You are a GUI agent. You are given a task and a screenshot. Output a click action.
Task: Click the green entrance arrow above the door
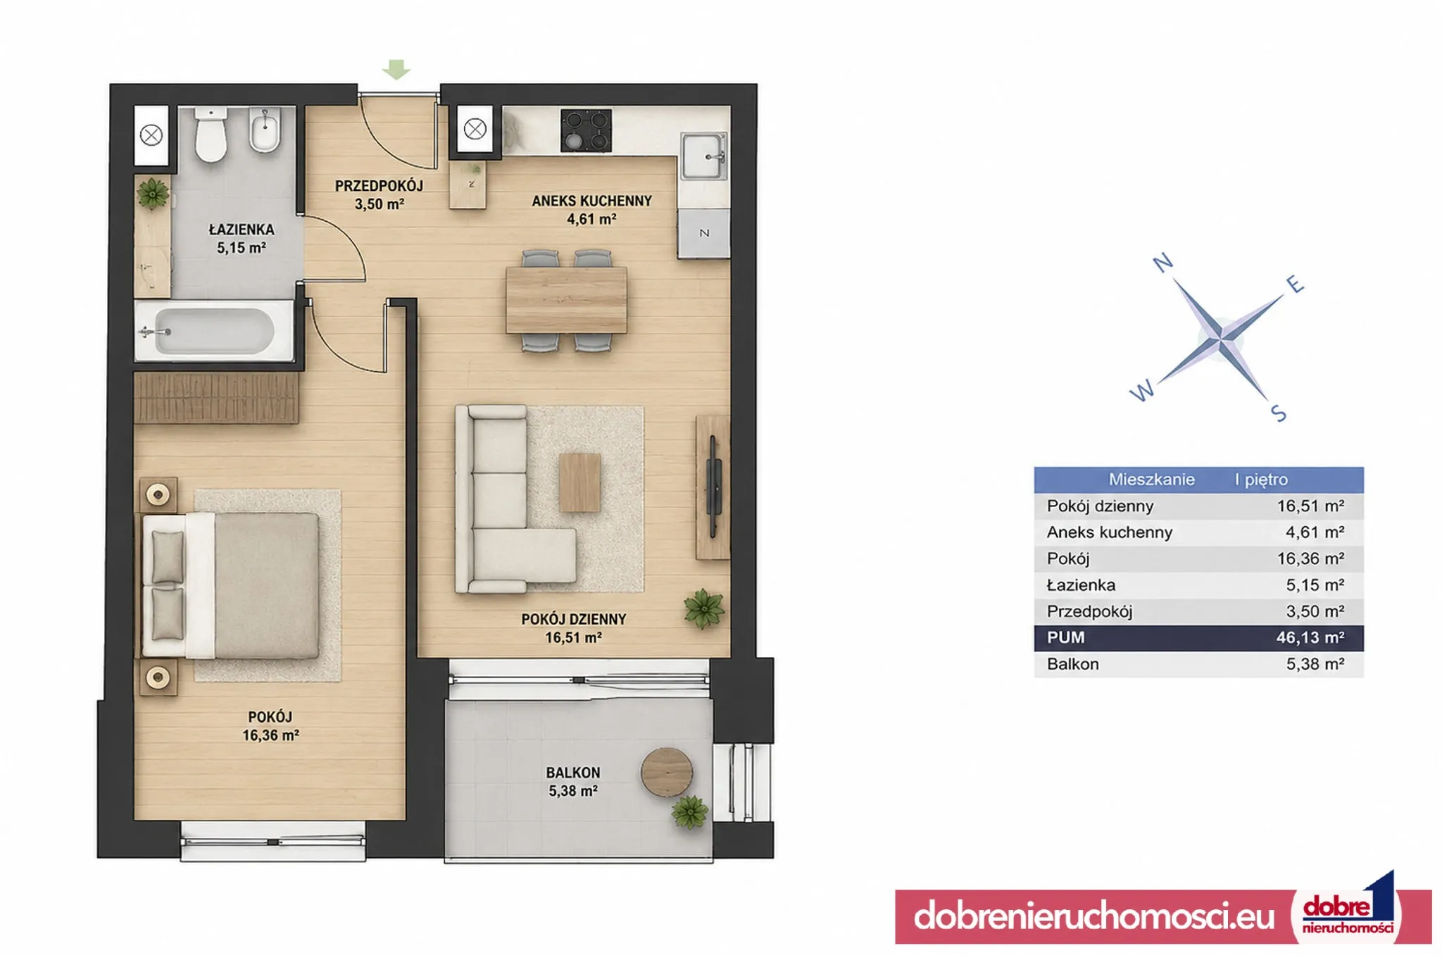(396, 69)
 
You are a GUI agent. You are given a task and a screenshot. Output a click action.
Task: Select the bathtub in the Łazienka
(213, 331)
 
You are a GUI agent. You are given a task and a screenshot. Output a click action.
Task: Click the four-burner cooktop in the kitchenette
(586, 130)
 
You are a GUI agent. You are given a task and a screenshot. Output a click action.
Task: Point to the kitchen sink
(703, 156)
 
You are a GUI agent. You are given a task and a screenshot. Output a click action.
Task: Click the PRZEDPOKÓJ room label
(379, 186)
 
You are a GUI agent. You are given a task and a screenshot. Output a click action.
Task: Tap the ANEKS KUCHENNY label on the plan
(591, 201)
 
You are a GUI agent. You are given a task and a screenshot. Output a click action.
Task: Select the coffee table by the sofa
(579, 482)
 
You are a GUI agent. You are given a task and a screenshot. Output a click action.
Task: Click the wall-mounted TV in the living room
(714, 486)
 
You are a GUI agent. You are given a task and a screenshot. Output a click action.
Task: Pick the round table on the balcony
(667, 772)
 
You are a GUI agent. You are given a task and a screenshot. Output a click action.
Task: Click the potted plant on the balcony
(689, 812)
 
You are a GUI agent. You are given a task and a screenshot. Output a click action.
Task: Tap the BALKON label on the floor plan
(573, 773)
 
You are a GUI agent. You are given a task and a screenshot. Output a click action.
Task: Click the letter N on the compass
(1162, 263)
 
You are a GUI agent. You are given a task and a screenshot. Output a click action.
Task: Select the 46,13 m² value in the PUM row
(1310, 637)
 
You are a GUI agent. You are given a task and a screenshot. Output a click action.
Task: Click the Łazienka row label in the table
(1081, 585)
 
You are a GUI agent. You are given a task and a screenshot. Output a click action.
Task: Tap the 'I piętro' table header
(1261, 480)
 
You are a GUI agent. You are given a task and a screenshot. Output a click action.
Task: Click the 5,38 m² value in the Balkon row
(1315, 664)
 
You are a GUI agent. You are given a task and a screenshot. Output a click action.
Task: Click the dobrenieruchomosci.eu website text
(1094, 916)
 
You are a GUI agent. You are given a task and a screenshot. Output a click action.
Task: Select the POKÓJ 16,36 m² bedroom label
(270, 726)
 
